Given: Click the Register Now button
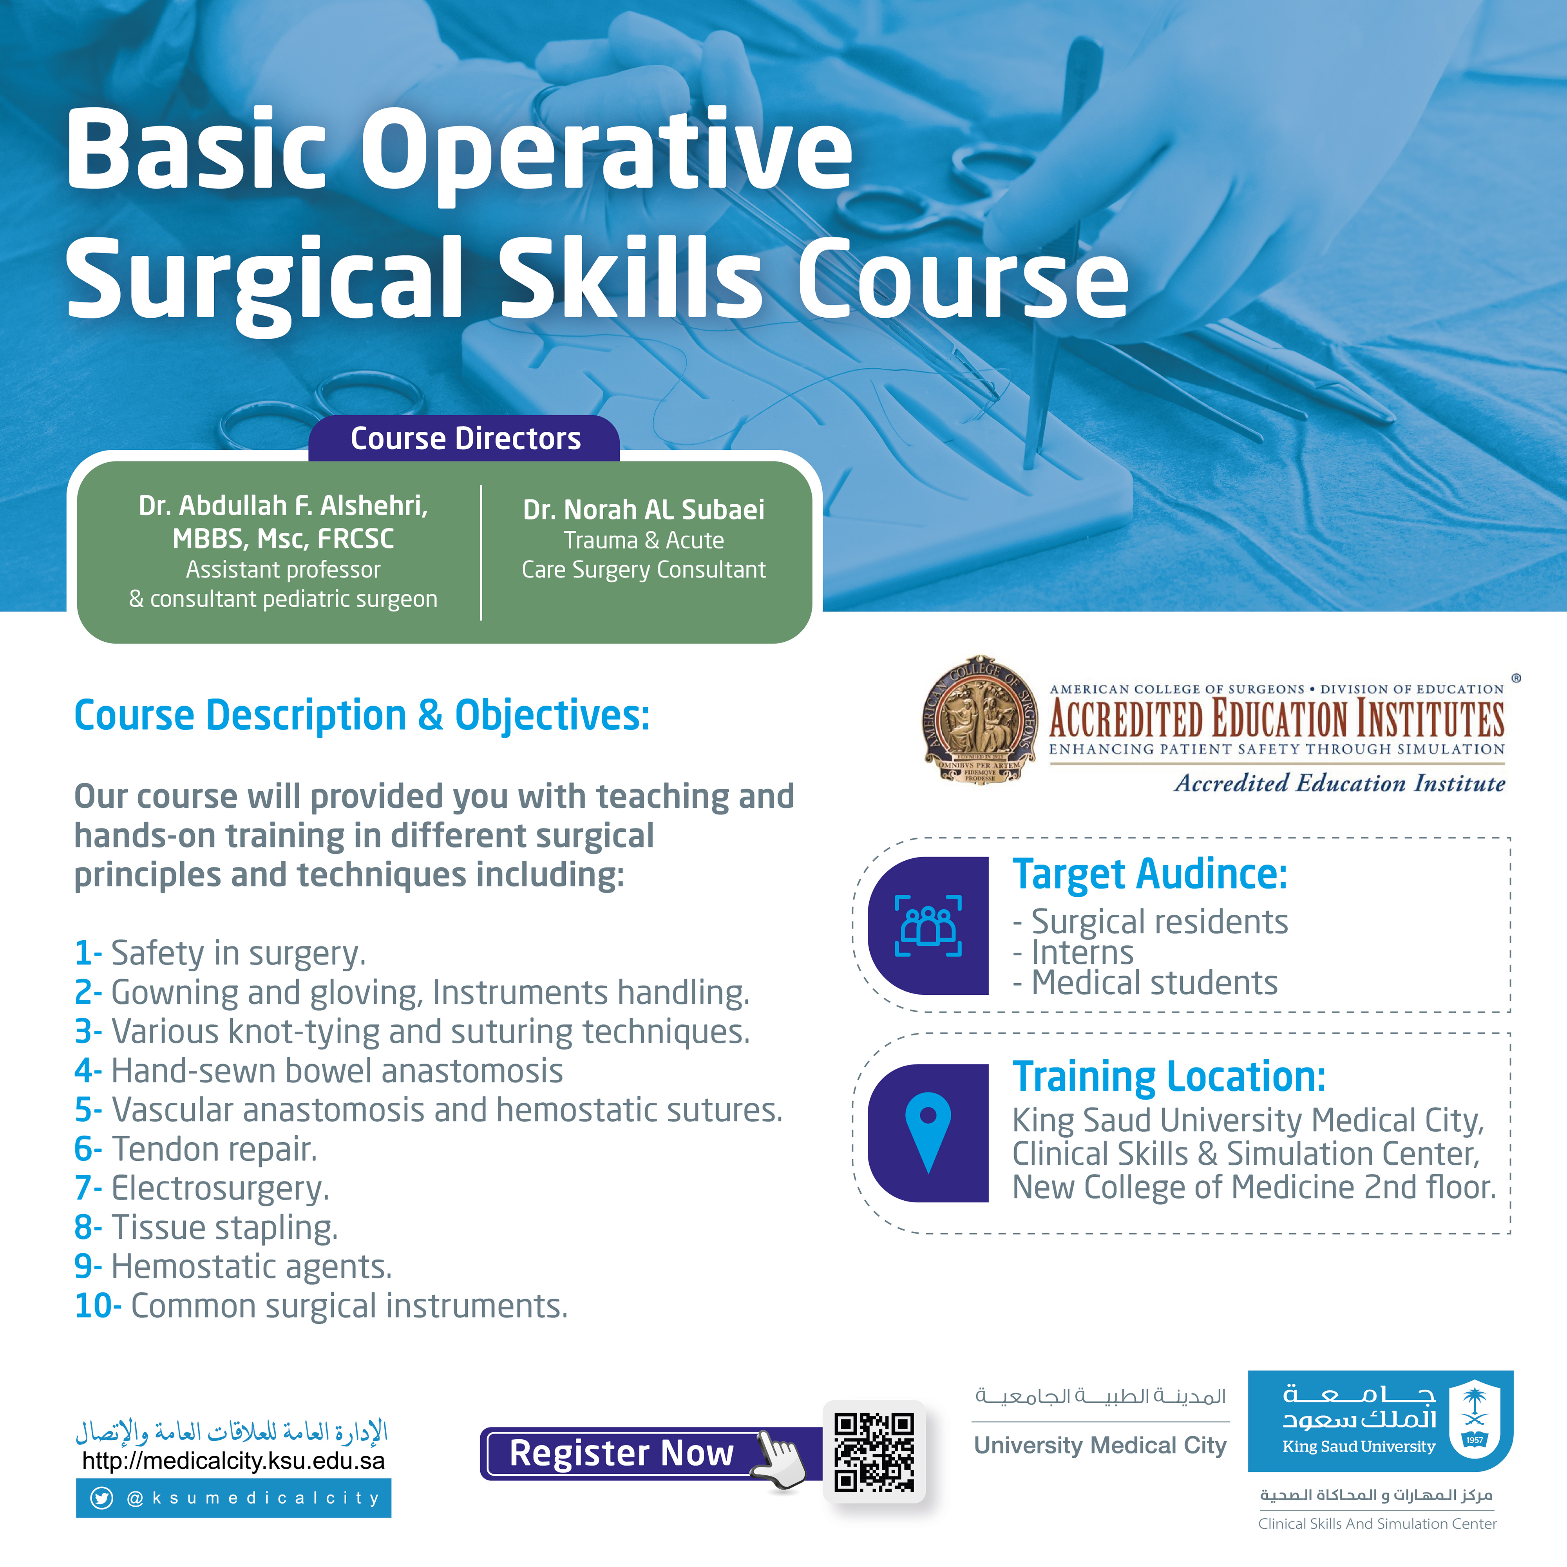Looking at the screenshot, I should click(621, 1453).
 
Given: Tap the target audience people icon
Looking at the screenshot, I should click(928, 925).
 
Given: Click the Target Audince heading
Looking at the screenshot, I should click(1149, 874).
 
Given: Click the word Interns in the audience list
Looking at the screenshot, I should click(1082, 952).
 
